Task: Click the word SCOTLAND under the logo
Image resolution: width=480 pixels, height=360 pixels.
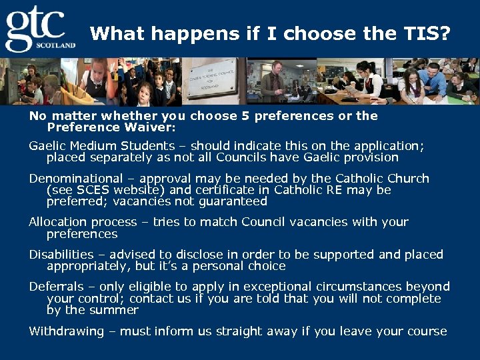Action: pos(59,45)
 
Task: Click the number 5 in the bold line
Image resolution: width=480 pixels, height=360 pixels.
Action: pos(245,116)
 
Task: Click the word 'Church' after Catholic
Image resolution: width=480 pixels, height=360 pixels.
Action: pos(406,179)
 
